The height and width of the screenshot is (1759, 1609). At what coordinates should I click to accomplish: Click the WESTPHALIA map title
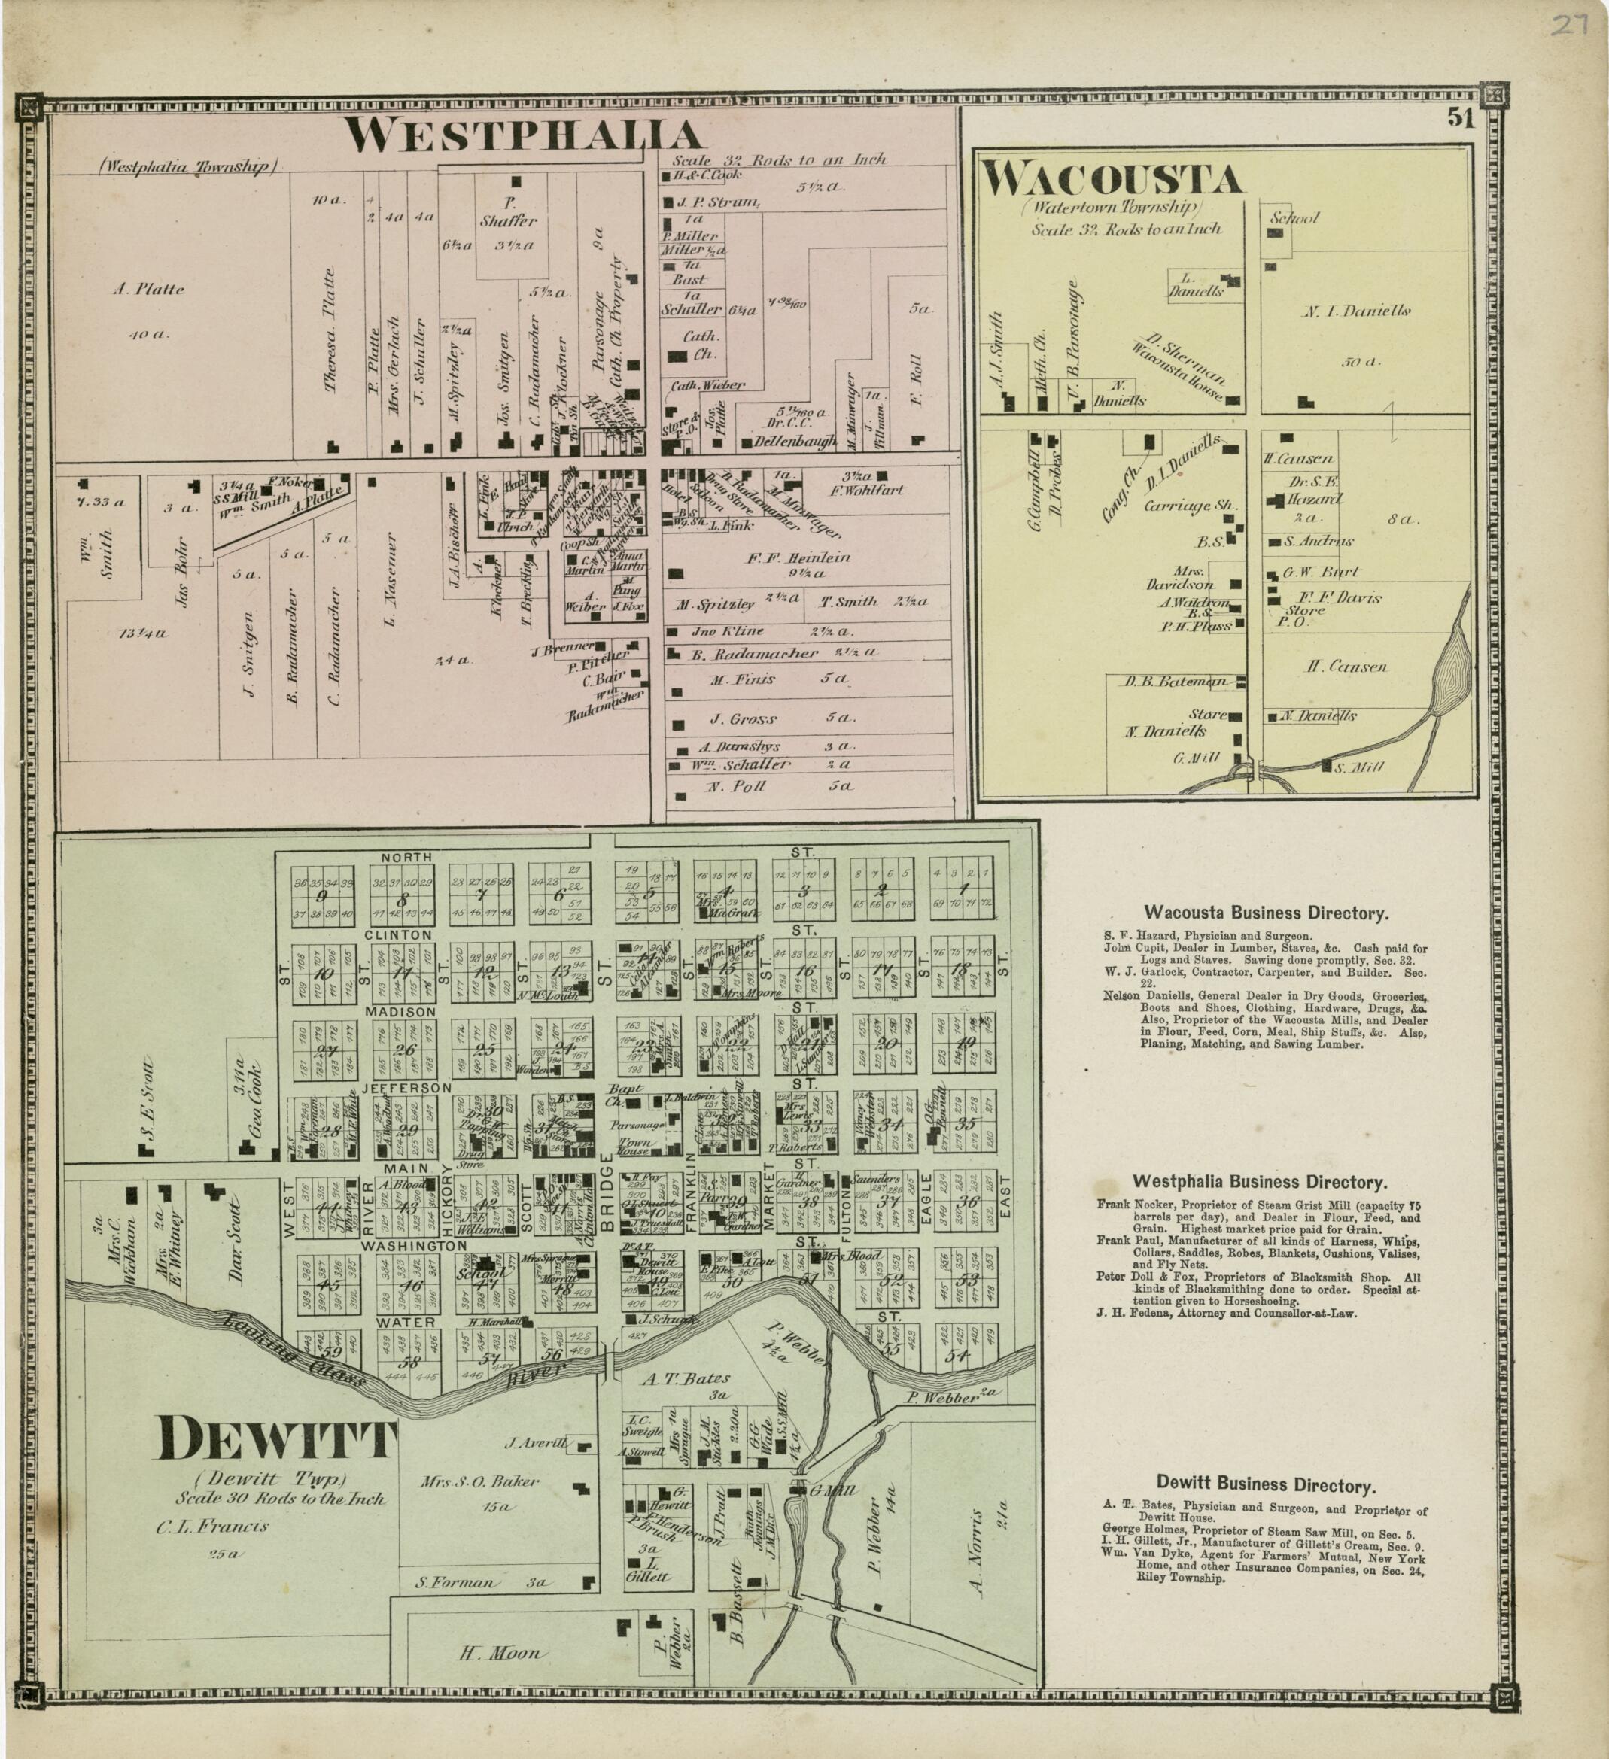524,135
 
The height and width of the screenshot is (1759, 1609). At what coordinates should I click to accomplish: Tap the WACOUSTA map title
1112,180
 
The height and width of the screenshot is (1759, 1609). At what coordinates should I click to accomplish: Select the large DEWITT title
275,1438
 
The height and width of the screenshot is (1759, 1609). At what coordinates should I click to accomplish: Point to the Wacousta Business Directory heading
1265,913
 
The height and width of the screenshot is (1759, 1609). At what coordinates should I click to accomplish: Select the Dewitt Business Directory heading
1266,1484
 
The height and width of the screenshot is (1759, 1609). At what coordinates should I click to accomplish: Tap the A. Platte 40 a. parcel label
149,290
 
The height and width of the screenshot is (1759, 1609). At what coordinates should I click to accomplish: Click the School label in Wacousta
1295,218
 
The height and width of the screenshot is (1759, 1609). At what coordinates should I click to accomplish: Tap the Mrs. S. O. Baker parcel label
479,1480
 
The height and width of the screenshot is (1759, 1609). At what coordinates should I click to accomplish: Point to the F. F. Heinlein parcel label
798,557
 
